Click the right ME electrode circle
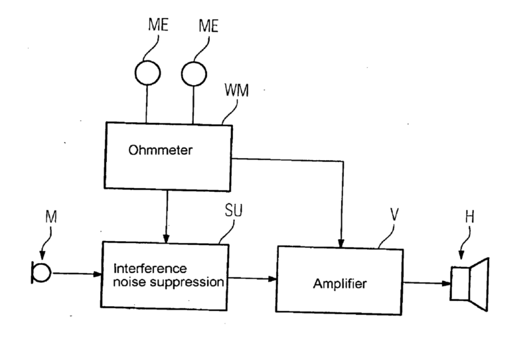pyautogui.click(x=193, y=71)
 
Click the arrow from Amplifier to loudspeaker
pyautogui.click(x=426, y=283)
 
